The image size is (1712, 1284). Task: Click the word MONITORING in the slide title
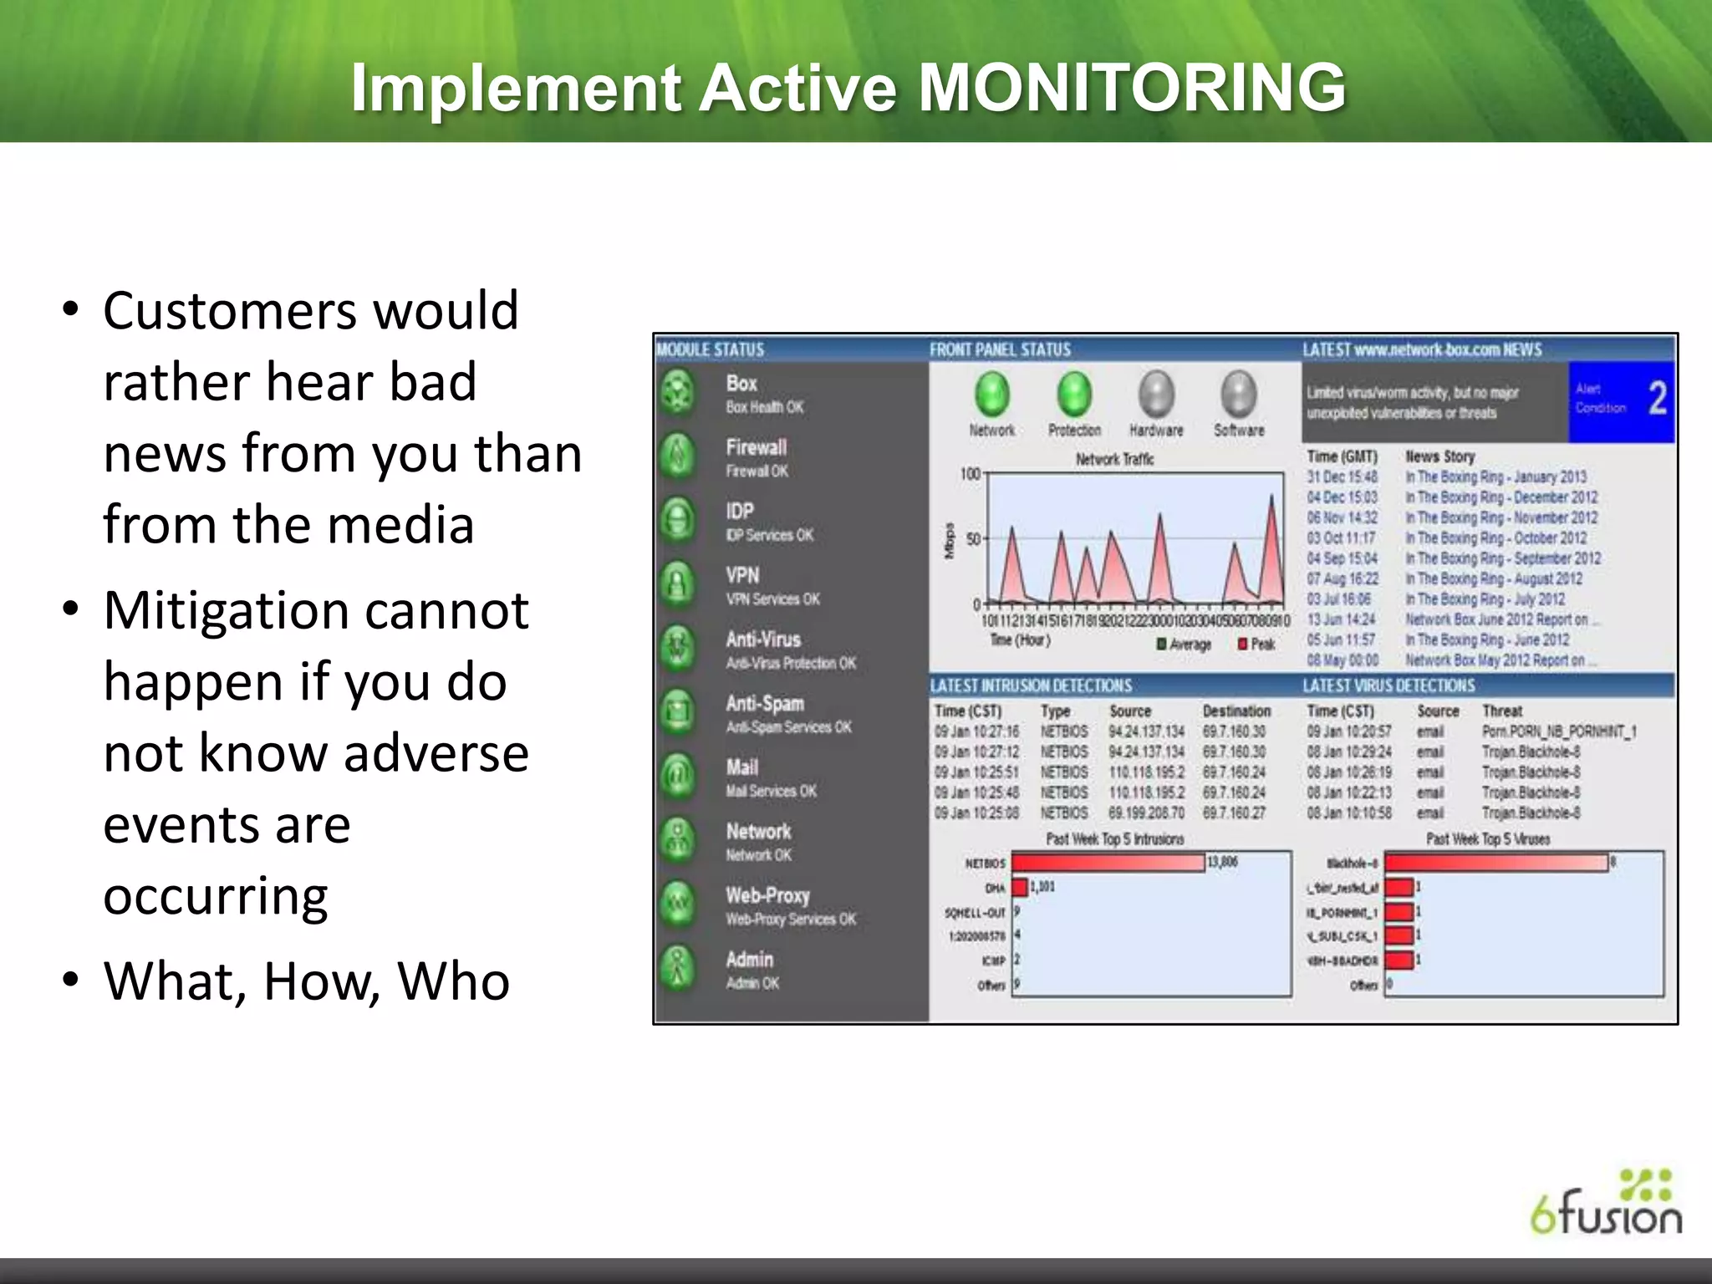[1132, 89]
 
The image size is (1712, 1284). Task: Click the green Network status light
[991, 394]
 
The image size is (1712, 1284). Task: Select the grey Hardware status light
[1156, 394]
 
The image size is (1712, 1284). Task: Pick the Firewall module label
[756, 447]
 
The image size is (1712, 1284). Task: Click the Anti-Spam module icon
[678, 712]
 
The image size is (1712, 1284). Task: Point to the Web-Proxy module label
[767, 895]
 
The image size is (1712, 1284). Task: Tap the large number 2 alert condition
[1657, 398]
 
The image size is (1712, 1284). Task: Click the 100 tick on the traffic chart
[970, 474]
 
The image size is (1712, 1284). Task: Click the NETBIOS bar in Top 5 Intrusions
[1108, 863]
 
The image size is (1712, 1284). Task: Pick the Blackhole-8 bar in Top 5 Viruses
[1496, 863]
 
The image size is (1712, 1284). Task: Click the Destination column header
[1236, 711]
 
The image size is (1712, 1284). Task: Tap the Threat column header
[1501, 711]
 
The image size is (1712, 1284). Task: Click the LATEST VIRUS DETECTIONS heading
[1388, 685]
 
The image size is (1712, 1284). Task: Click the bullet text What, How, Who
[306, 981]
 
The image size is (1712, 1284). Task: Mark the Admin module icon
[678, 968]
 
